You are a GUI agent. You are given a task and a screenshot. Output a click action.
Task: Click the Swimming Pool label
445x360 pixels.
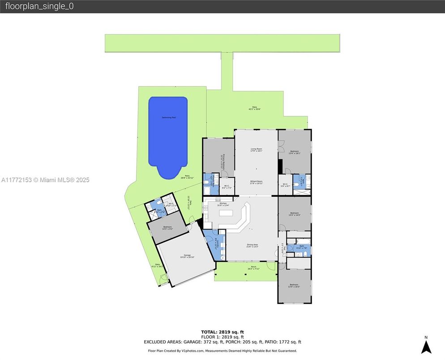tap(168, 117)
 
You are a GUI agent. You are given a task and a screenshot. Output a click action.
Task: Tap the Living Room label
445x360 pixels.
tap(256, 150)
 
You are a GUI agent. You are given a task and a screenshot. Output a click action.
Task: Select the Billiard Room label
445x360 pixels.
tap(256, 182)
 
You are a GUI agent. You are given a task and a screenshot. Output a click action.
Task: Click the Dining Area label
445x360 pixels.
tap(252, 245)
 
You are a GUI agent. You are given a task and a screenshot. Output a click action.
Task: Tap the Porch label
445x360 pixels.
tap(253, 268)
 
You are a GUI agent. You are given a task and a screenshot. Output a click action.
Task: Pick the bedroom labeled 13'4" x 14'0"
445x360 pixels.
tap(294, 214)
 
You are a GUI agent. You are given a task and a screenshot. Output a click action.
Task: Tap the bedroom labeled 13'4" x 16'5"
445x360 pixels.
tap(294, 286)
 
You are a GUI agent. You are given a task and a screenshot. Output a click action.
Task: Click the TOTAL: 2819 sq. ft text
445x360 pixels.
tap(222, 332)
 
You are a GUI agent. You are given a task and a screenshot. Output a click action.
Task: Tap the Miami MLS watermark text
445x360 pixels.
tap(45, 180)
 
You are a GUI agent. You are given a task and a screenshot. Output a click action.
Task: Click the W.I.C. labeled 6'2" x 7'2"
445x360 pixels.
tap(226, 187)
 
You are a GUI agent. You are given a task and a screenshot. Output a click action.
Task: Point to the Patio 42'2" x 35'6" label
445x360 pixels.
tap(255, 108)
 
